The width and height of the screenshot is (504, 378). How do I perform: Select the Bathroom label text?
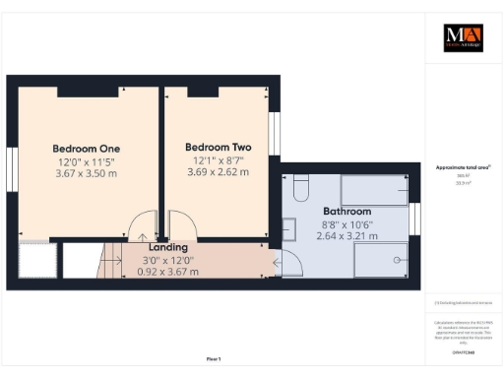[x=346, y=211]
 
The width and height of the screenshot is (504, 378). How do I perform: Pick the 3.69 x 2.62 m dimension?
[x=217, y=171]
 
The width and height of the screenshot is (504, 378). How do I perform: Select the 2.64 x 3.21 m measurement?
[x=346, y=236]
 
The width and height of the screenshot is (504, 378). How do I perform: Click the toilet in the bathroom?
[x=302, y=187]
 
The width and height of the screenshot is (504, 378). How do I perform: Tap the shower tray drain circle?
[x=397, y=260]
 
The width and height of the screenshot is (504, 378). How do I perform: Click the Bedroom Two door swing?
[x=182, y=226]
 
